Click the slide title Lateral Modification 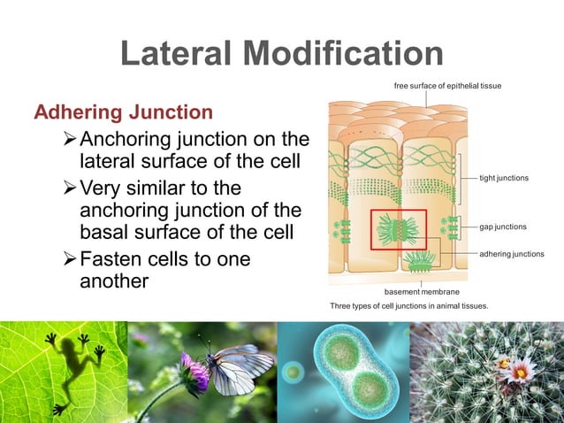point(281,54)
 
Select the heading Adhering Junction point(123,112)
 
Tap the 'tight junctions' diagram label point(503,178)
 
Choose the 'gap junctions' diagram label point(502,227)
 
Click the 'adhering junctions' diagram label point(511,254)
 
